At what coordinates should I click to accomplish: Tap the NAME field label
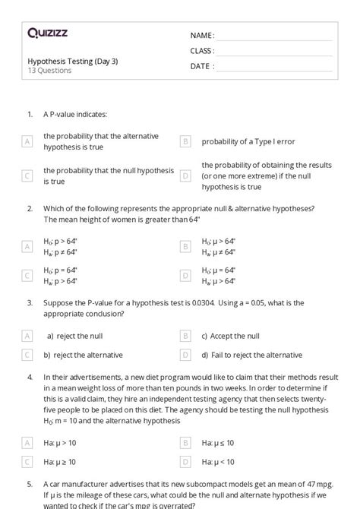(201, 36)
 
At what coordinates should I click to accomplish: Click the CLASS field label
(202, 51)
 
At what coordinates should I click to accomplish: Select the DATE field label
(201, 66)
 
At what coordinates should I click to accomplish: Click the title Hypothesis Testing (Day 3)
(72, 61)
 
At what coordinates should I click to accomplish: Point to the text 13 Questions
(49, 71)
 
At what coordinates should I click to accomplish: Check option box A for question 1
(27, 141)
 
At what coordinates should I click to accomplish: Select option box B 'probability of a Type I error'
(185, 141)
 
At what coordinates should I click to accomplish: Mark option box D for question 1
(185, 175)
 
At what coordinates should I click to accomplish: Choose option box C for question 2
(27, 275)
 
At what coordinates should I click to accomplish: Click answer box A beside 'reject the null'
(27, 336)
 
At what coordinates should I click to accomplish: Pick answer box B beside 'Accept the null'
(185, 336)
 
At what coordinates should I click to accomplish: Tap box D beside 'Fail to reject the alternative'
(185, 355)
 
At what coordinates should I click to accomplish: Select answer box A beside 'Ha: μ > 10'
(27, 442)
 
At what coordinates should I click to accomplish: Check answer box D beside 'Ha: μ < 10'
(185, 461)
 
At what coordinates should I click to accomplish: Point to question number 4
(30, 377)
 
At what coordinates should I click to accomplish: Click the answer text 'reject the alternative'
(83, 355)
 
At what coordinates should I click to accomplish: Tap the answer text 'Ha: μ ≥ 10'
(62, 461)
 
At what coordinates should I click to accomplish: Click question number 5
(30, 483)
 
